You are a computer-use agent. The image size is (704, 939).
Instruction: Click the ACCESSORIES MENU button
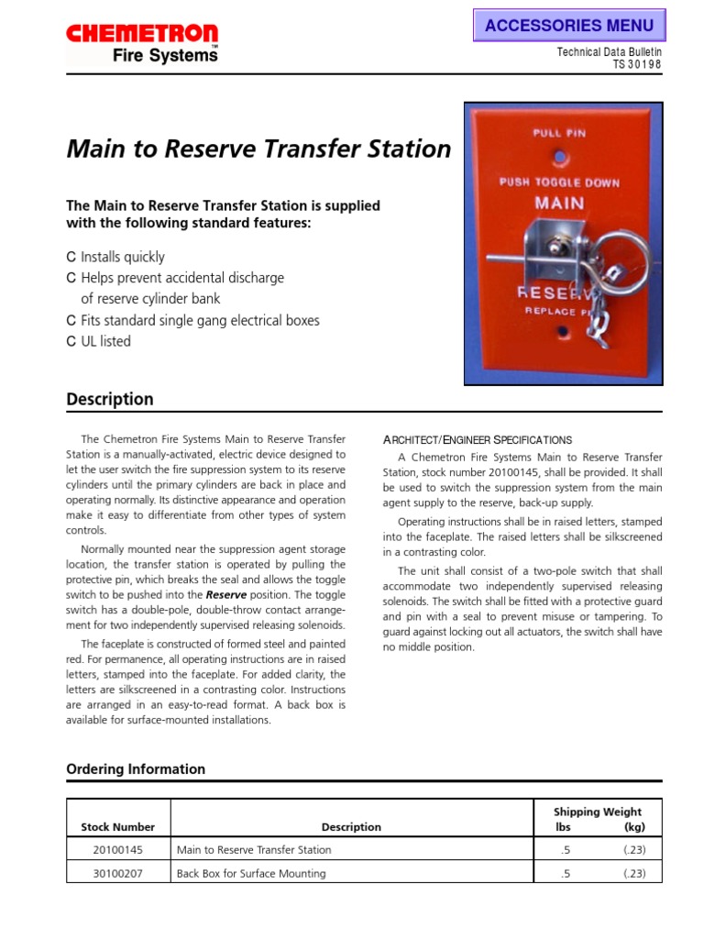pyautogui.click(x=568, y=25)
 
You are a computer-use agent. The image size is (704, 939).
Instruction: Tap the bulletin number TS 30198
pyautogui.click(x=636, y=64)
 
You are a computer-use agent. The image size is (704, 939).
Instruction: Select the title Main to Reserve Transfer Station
pyautogui.click(x=258, y=149)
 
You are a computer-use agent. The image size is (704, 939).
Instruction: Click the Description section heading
pyautogui.click(x=110, y=399)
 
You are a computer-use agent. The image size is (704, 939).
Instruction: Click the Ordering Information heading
pyautogui.click(x=136, y=768)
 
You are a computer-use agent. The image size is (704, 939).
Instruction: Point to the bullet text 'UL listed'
pyautogui.click(x=105, y=341)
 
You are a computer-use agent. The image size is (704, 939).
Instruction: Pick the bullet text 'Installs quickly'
pyautogui.click(x=123, y=257)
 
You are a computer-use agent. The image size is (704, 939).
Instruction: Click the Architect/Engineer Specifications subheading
pyautogui.click(x=477, y=439)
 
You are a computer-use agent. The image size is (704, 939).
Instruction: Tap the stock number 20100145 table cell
pyautogui.click(x=118, y=849)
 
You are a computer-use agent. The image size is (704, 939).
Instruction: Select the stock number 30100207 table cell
pyautogui.click(x=118, y=873)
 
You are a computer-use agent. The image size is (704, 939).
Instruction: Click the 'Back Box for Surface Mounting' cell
pyautogui.click(x=251, y=873)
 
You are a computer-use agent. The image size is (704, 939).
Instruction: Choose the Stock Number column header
pyautogui.click(x=118, y=826)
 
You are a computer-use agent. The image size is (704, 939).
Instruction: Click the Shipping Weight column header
pyautogui.click(x=597, y=812)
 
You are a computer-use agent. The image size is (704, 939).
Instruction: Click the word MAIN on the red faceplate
pyautogui.click(x=558, y=202)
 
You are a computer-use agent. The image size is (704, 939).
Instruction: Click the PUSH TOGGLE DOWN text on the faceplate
pyautogui.click(x=558, y=182)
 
